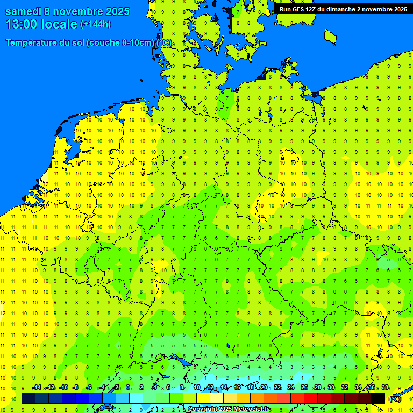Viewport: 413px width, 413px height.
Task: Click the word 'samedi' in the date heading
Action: tap(23, 11)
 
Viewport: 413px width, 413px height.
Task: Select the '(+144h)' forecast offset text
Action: tap(96, 24)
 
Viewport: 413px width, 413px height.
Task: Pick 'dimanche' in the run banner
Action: tap(352, 9)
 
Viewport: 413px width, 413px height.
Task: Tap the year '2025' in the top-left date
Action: tap(113, 11)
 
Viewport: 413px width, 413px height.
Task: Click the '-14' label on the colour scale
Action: tap(36, 388)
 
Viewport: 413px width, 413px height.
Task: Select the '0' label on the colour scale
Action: tap(128, 388)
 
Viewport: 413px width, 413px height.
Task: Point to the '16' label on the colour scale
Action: tap(237, 388)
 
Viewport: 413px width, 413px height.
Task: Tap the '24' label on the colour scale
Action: tap(291, 388)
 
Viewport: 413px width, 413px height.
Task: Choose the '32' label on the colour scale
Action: tap(345, 388)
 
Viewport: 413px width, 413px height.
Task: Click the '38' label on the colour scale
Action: tap(385, 388)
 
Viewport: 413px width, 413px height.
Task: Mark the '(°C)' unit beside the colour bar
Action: tap(395, 398)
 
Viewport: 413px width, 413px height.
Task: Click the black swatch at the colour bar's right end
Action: tap(378, 398)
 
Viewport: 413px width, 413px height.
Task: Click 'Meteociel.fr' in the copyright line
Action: tap(250, 409)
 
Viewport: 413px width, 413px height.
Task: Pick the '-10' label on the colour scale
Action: tap(63, 388)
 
